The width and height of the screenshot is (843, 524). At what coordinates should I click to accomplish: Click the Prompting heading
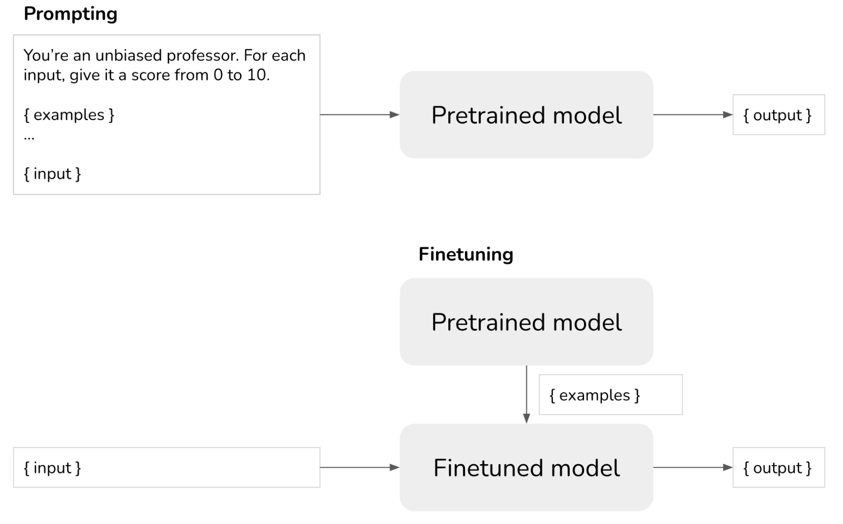pyautogui.click(x=70, y=14)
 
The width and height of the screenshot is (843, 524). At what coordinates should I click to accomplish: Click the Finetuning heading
pyautogui.click(x=466, y=254)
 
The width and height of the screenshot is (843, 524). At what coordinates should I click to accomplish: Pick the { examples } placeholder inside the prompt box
pyautogui.click(x=69, y=115)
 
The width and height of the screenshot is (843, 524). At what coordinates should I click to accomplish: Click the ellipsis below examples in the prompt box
pyautogui.click(x=29, y=137)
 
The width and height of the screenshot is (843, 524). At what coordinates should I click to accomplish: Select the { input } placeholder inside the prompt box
pyautogui.click(x=52, y=174)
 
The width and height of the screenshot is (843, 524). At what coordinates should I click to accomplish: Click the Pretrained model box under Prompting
pyautogui.click(x=526, y=115)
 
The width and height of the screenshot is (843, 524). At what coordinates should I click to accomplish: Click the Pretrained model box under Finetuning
pyautogui.click(x=526, y=322)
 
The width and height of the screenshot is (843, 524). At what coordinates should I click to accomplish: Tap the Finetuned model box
pyautogui.click(x=526, y=468)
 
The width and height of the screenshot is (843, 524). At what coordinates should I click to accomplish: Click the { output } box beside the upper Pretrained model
pyautogui.click(x=778, y=115)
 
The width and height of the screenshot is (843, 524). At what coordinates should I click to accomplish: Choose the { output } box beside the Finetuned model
pyautogui.click(x=778, y=468)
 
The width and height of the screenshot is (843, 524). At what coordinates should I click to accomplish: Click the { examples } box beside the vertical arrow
pyautogui.click(x=610, y=395)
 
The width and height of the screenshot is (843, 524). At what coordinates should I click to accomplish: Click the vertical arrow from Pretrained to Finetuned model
pyautogui.click(x=526, y=394)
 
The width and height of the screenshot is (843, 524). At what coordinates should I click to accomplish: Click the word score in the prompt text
pyautogui.click(x=151, y=75)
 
